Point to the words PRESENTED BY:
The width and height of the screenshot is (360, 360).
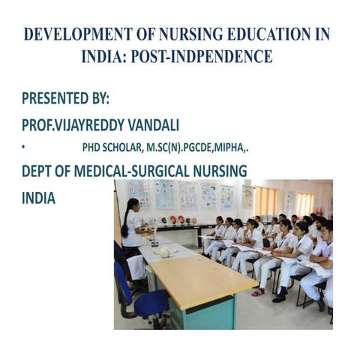pyautogui.click(x=65, y=98)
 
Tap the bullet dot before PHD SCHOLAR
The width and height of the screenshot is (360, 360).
pyautogui.click(x=24, y=147)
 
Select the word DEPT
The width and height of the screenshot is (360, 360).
pyautogui.click(x=38, y=172)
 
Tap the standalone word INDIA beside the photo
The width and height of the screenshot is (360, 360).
pyautogui.click(x=38, y=199)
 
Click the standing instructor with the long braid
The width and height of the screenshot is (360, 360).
pyautogui.click(x=133, y=225)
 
